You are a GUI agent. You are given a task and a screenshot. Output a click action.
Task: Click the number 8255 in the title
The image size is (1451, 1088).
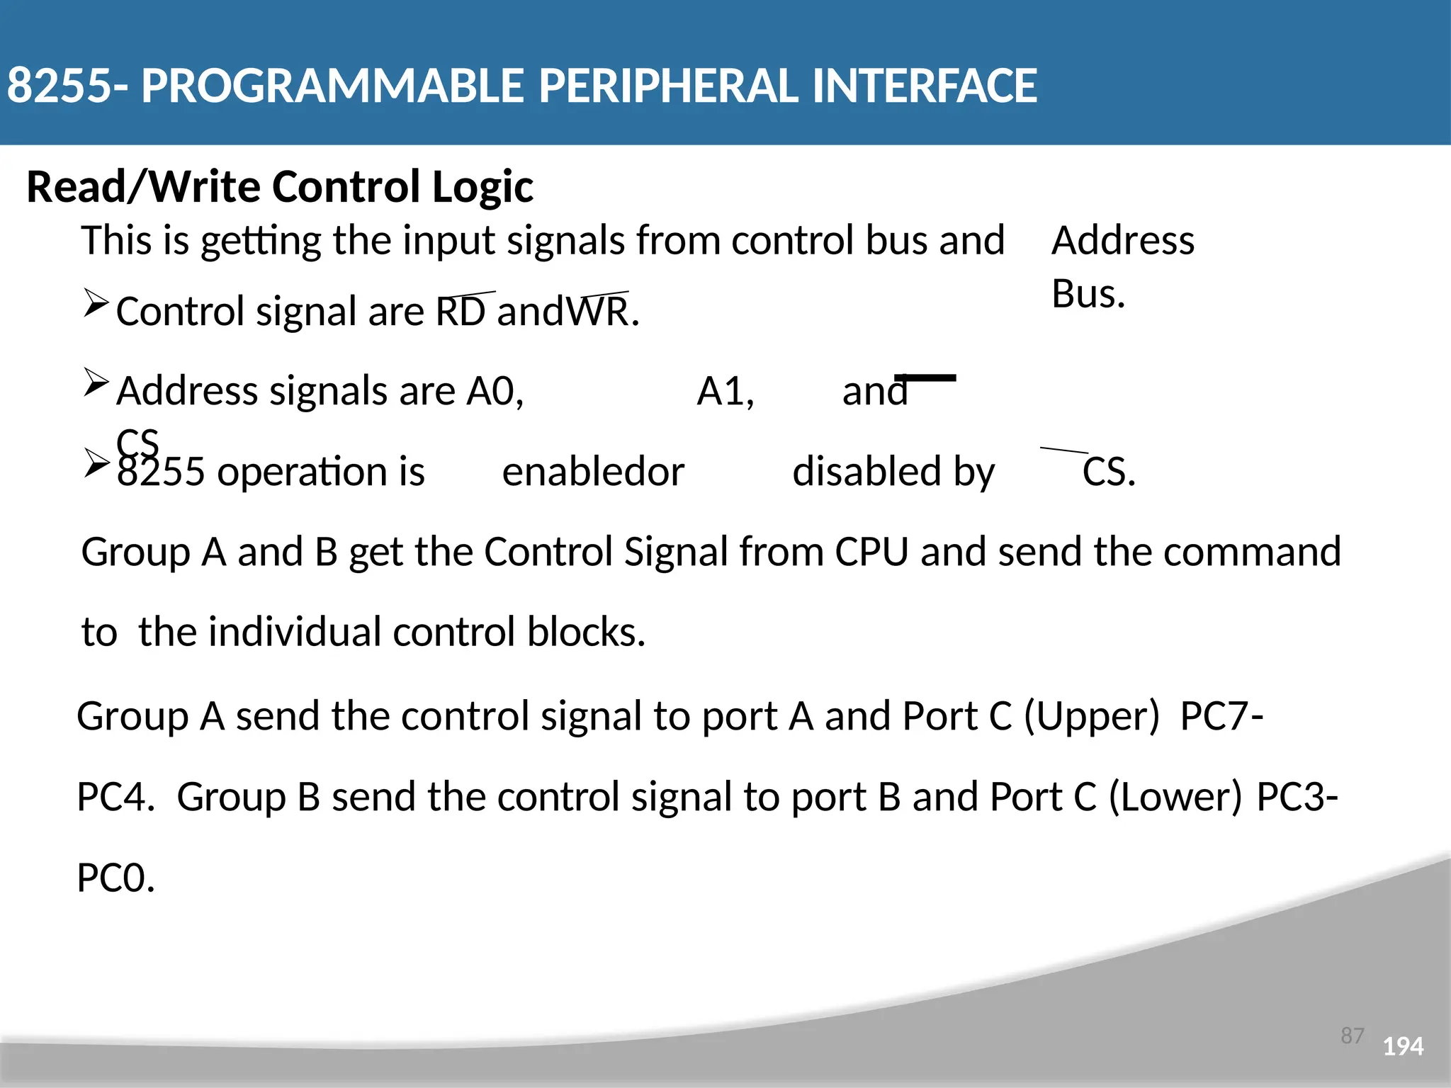pyautogui.click(x=59, y=86)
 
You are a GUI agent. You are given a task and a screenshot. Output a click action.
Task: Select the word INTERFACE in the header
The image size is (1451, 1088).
pyautogui.click(x=925, y=86)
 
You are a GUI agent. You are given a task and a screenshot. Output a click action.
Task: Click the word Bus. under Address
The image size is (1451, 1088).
pyautogui.click(x=1088, y=294)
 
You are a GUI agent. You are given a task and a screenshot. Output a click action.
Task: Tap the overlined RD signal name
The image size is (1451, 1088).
pyautogui.click(x=461, y=312)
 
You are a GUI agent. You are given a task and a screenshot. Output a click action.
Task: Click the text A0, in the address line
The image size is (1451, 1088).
pyautogui.click(x=495, y=391)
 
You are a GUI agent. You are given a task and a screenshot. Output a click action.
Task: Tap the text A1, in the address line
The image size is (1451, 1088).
pyautogui.click(x=725, y=391)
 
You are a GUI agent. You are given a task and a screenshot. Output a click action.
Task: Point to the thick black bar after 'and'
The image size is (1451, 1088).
pyautogui.click(x=925, y=378)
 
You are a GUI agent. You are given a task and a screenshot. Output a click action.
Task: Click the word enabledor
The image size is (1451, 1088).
pyautogui.click(x=593, y=472)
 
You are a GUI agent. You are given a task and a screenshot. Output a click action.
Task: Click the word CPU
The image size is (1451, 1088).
pyautogui.click(x=871, y=552)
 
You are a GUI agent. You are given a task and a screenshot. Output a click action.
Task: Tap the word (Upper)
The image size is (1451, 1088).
pyautogui.click(x=1091, y=716)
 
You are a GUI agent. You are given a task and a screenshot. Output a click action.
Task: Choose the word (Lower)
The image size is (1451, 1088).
pyautogui.click(x=1175, y=797)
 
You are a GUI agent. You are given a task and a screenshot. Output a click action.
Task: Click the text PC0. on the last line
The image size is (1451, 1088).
pyautogui.click(x=115, y=878)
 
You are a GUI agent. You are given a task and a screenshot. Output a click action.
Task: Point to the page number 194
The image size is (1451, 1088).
pyautogui.click(x=1403, y=1046)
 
